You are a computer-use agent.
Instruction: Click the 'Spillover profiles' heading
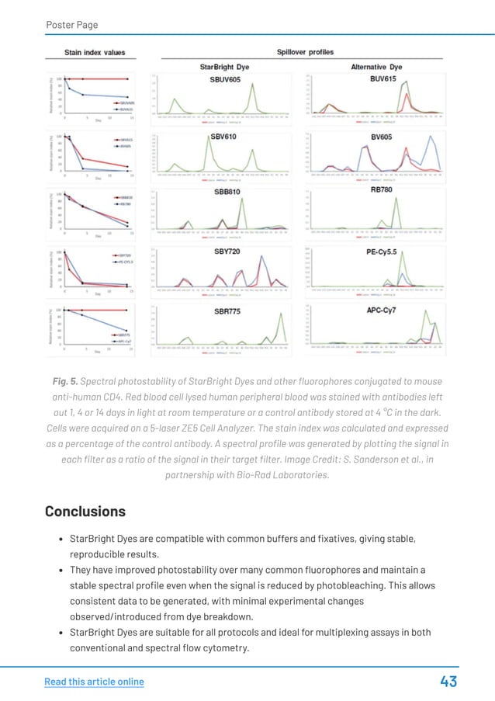tap(305, 52)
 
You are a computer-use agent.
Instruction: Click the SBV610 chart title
tap(223, 137)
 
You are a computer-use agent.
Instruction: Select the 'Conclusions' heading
tap(85, 512)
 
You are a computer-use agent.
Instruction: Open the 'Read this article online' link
tap(94, 682)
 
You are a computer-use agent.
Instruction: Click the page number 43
tap(448, 682)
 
